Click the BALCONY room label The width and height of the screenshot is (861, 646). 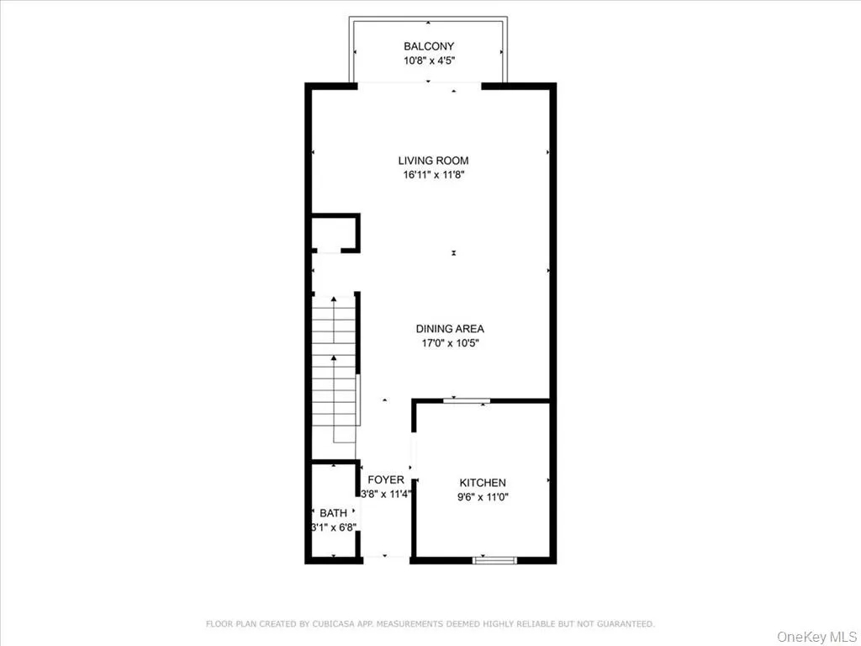429,46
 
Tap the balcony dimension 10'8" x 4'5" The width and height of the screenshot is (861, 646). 429,61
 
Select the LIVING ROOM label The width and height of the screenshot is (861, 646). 433,161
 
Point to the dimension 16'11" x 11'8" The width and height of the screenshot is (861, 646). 433,175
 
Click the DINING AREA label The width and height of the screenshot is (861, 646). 450,329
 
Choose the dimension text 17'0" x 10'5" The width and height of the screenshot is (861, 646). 450,343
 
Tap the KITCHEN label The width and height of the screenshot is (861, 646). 483,483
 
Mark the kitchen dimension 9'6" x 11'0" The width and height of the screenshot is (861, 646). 483,497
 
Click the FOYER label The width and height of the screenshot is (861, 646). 386,479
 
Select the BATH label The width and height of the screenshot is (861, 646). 333,513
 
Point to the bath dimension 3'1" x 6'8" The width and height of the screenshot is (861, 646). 334,527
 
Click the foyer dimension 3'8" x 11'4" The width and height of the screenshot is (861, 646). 386,495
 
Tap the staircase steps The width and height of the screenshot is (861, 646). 335,370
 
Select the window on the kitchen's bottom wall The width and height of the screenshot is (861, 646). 494,559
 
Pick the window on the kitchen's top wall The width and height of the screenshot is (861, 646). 467,400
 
